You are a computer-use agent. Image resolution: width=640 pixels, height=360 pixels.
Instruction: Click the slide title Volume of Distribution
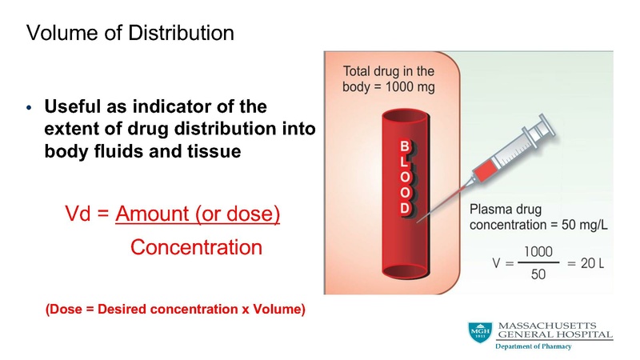(x=130, y=34)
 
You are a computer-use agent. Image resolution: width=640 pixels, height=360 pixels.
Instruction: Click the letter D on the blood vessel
(x=405, y=208)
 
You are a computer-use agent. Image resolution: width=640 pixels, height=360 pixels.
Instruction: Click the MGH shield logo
(x=480, y=334)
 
